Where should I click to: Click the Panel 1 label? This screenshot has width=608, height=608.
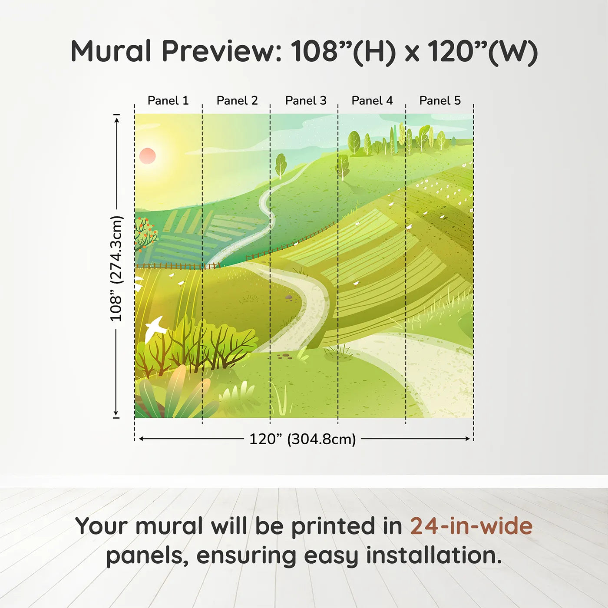[x=168, y=101]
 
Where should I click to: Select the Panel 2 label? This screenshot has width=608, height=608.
[x=237, y=101]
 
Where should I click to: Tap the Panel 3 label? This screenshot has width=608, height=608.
[x=306, y=101]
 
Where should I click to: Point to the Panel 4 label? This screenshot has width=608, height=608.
[x=372, y=101]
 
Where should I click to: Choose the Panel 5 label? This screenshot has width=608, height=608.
[x=440, y=101]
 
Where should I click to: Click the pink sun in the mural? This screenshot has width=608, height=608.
[x=147, y=156]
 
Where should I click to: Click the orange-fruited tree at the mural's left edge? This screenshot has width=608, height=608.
[x=145, y=232]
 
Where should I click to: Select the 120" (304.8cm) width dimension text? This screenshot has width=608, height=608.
[x=303, y=439]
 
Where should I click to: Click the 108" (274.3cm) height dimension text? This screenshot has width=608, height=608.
[x=116, y=268]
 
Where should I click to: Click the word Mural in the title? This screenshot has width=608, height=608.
[x=111, y=51]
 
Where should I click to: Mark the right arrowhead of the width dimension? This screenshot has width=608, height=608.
[x=468, y=439]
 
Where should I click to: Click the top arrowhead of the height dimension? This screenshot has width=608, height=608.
[x=117, y=120]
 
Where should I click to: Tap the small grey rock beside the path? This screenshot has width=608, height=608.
[x=288, y=297]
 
